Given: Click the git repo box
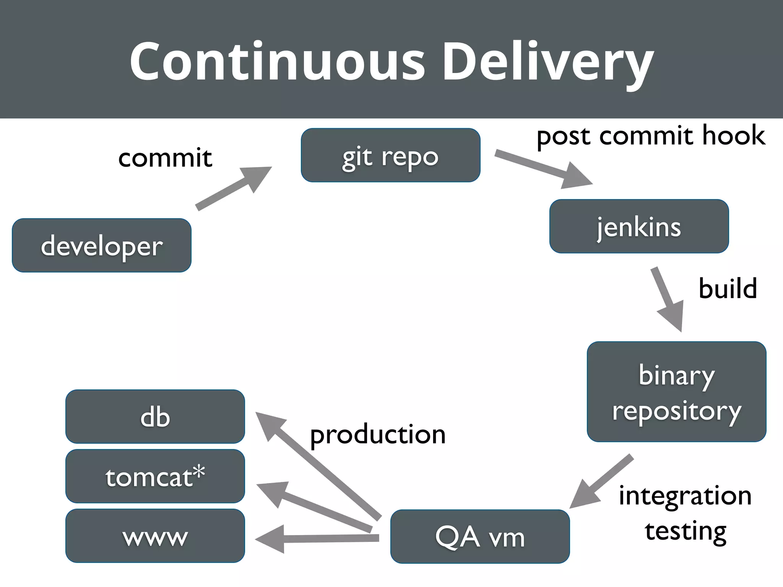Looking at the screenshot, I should pyautogui.click(x=390, y=155).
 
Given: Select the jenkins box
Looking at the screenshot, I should pyautogui.click(x=639, y=226).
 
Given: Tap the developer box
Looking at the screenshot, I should pyautogui.click(x=102, y=245).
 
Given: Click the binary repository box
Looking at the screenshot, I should pyautogui.click(x=676, y=392).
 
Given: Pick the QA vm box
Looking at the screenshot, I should pyautogui.click(x=480, y=536).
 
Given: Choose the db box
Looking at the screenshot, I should pyautogui.click(x=155, y=417).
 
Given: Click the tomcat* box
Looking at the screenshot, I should pyautogui.click(x=155, y=476).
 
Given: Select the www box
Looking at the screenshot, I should pyautogui.click(x=155, y=536).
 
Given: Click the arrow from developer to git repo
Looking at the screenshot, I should pyautogui.click(x=233, y=188).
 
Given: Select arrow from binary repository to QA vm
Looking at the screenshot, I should pyautogui.click(x=602, y=481).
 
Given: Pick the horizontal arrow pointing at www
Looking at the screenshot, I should pyautogui.click(x=317, y=538).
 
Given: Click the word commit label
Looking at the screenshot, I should pyautogui.click(x=165, y=157).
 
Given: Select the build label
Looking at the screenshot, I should pyautogui.click(x=728, y=288).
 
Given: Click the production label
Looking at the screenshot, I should pyautogui.click(x=378, y=435).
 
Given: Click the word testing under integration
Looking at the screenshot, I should pyautogui.click(x=686, y=531).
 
